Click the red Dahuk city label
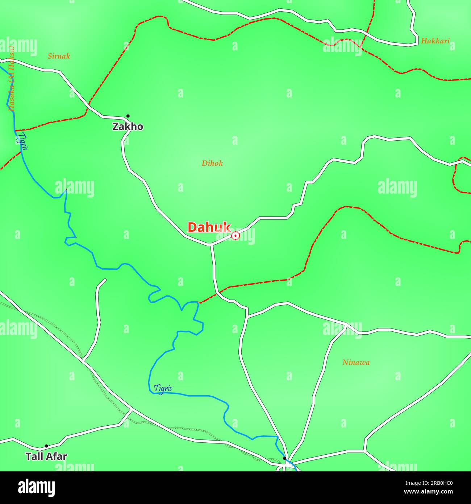click(209, 227)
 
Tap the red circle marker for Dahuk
click(236, 236)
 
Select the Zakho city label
click(128, 127)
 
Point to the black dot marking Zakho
click(128, 116)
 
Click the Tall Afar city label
click(46, 456)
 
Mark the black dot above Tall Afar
click(46, 446)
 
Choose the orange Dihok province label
click(212, 163)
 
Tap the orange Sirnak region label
click(59, 56)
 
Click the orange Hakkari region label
click(435, 41)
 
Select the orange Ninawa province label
click(356, 362)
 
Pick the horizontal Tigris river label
click(163, 388)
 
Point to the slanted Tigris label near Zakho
click(23, 141)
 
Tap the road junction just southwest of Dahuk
click(211, 245)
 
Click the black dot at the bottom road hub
click(285, 458)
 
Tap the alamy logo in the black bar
click(37, 487)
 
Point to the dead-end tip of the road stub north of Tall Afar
click(105, 280)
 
